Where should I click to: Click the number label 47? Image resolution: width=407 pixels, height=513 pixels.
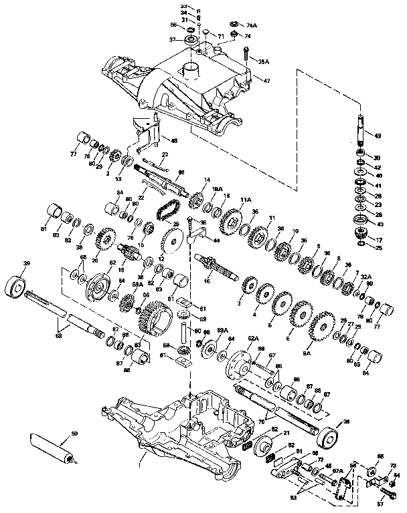click(x=266, y=80)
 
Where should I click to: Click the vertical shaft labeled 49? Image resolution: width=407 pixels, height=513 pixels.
click(x=359, y=137)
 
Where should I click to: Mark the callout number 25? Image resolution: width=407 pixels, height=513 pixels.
click(x=379, y=248)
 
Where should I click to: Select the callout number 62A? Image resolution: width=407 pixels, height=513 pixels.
click(x=253, y=339)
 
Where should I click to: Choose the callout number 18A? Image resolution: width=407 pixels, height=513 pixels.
click(x=217, y=190)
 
